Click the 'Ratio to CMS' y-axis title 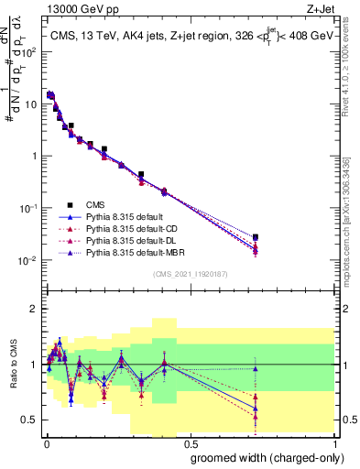pos(12,366)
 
